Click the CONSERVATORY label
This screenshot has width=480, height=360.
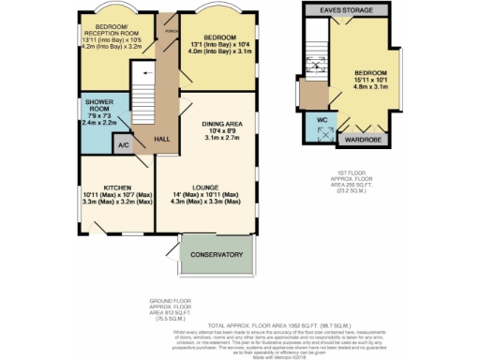217,255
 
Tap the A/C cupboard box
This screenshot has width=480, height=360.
124,145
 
